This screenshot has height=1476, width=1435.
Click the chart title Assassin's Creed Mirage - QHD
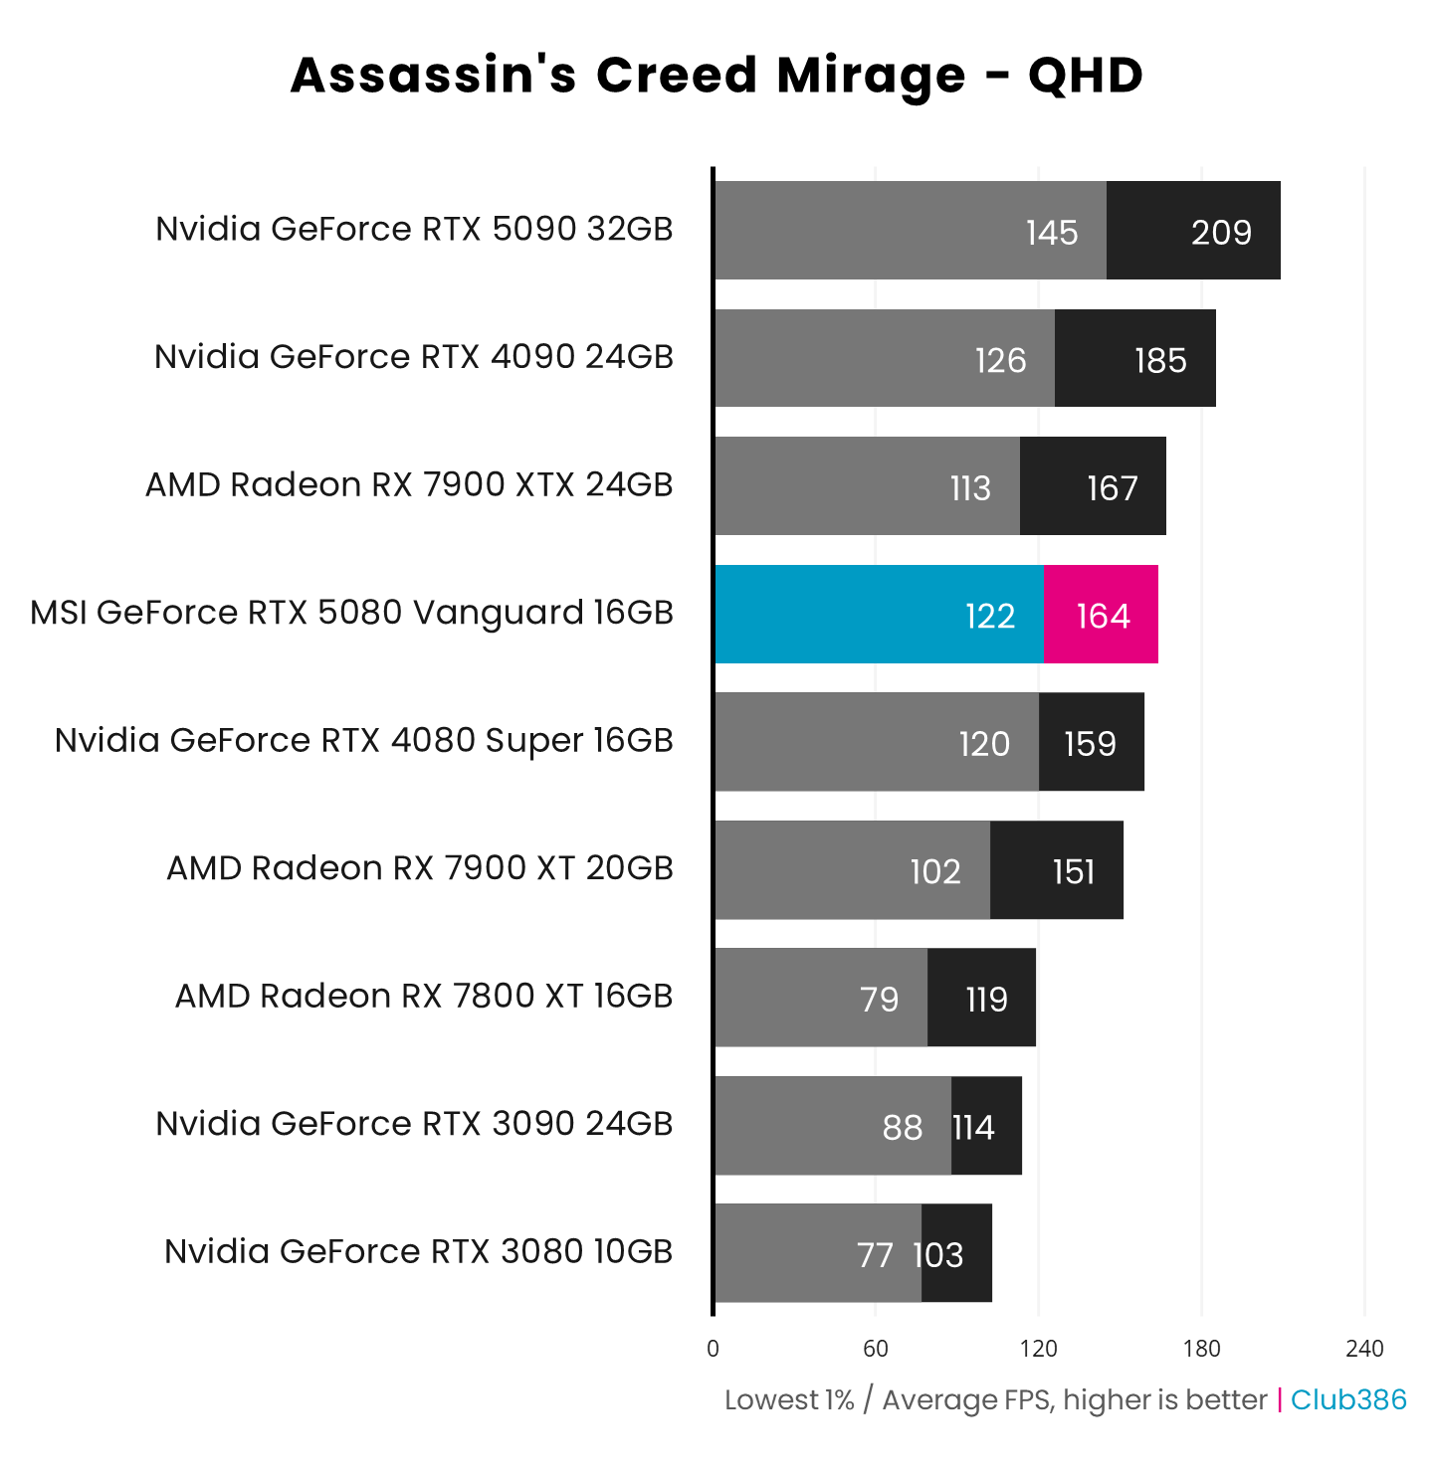717,76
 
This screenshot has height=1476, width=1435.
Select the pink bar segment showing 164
1101,615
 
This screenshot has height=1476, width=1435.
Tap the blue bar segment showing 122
880,615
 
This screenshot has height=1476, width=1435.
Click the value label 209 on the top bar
1221,233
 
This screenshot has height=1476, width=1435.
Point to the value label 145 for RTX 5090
1052,233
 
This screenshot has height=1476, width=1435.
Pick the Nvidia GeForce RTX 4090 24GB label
414,356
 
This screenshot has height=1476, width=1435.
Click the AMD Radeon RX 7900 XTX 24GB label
409,484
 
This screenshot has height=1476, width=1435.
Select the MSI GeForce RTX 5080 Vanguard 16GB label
351,613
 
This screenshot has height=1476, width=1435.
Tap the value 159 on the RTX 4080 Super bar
1090,744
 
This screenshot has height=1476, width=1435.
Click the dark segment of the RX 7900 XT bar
1057,870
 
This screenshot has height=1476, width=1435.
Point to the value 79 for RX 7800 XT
879,1000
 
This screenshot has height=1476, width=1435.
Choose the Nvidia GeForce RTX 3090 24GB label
414,1124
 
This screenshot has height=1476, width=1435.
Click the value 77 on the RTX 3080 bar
875,1255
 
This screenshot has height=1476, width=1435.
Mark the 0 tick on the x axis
713,1349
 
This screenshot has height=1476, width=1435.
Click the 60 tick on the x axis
876,1349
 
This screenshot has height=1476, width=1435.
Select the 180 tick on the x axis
1201,1349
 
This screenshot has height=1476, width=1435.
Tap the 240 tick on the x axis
1364,1349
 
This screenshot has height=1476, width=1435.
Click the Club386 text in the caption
1348,1400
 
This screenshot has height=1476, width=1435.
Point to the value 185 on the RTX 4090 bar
1160,360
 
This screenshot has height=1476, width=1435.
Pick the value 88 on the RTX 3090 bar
902,1128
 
